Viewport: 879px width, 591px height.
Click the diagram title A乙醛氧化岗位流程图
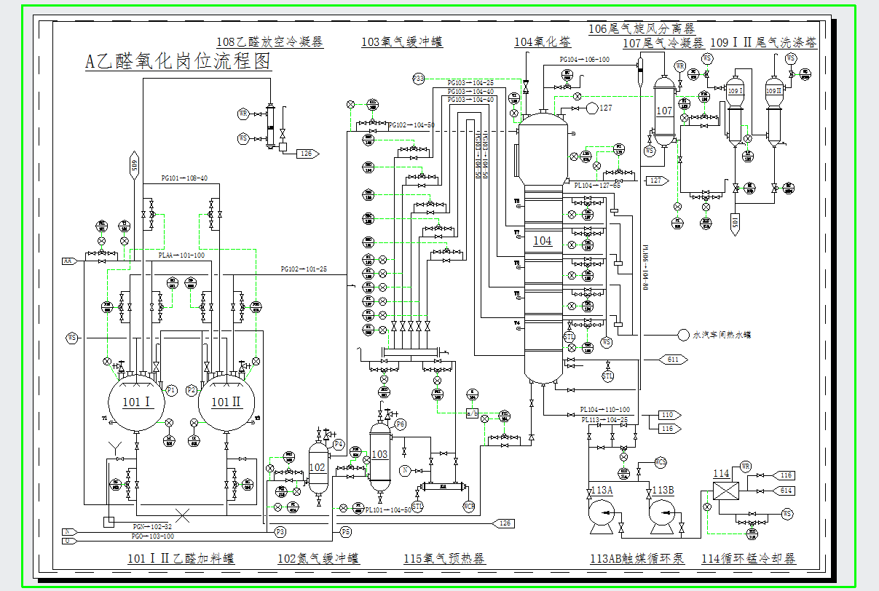tap(178, 62)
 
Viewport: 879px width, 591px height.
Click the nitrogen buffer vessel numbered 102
tap(318, 467)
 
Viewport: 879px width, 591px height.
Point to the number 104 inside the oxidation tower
tap(543, 241)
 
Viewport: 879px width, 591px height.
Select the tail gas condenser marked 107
tap(664, 111)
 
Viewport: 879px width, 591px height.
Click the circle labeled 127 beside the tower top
tap(592, 108)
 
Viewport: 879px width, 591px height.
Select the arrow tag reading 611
tap(672, 360)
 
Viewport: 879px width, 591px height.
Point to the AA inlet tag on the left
tap(68, 261)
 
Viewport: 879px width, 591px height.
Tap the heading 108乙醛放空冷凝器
tap(269, 42)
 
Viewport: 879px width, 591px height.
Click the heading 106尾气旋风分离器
tap(641, 28)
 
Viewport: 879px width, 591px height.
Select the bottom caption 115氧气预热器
tap(444, 558)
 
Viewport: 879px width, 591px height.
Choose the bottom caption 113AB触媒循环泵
tap(636, 558)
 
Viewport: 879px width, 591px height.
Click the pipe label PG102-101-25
tap(304, 269)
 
